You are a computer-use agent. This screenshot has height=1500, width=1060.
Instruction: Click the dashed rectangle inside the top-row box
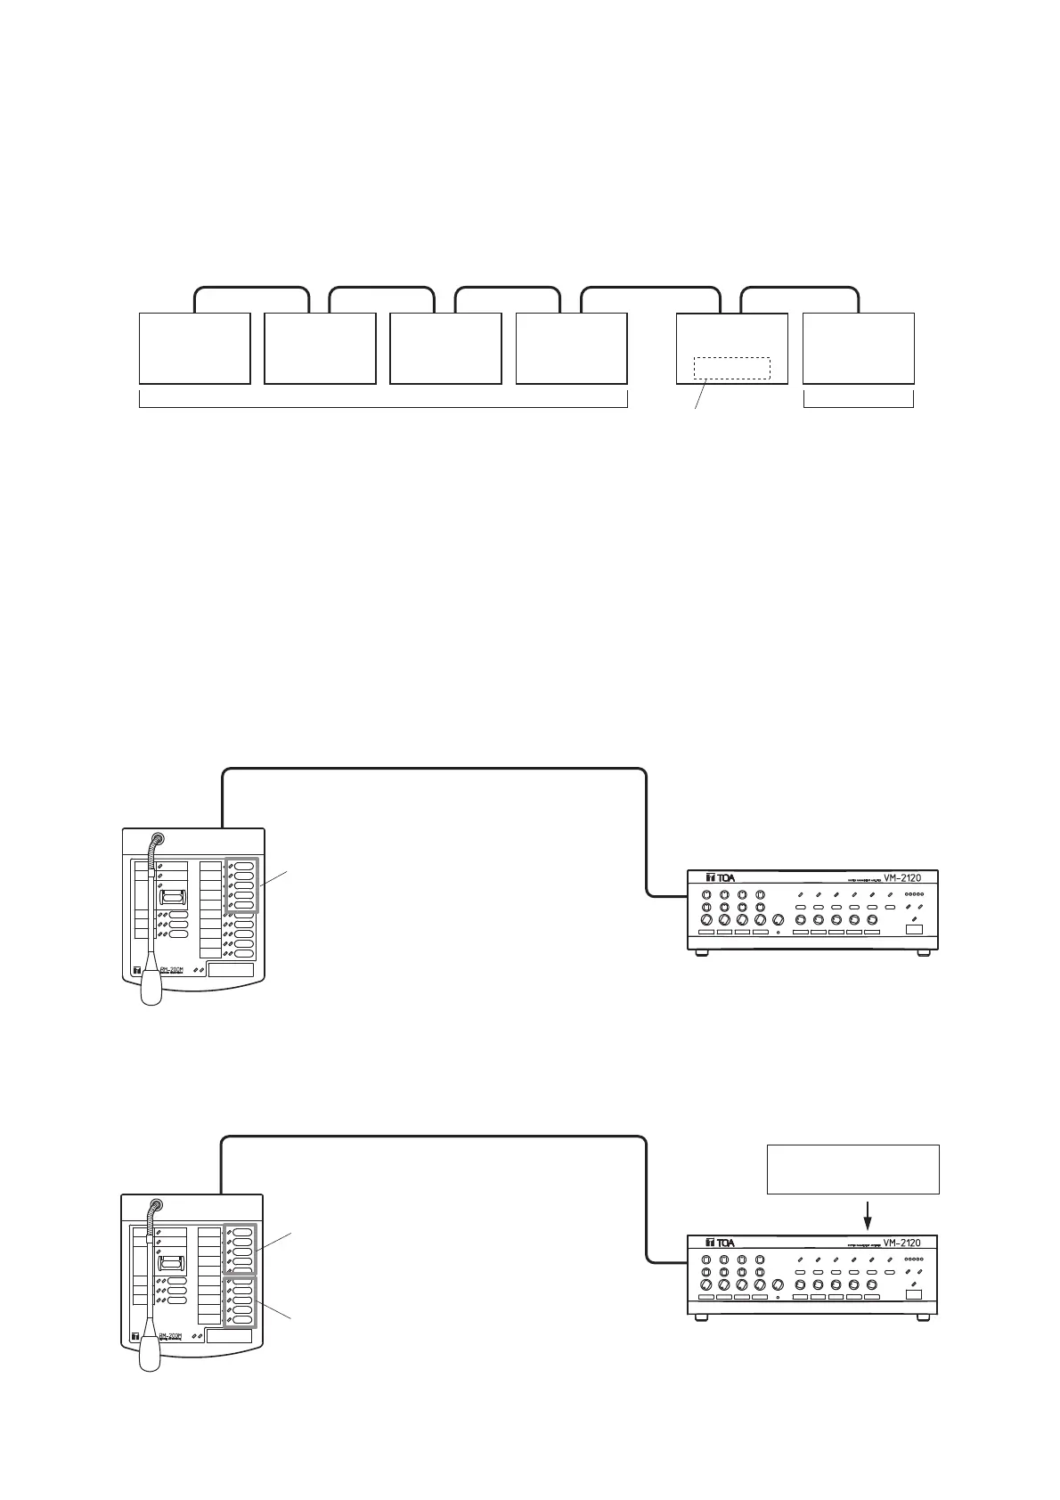pyautogui.click(x=731, y=368)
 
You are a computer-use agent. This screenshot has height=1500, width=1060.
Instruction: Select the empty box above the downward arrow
pyautogui.click(x=852, y=1169)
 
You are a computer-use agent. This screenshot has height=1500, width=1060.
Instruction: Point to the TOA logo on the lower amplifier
pyautogui.click(x=720, y=1243)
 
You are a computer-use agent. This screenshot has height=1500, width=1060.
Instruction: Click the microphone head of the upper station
pyautogui.click(x=151, y=985)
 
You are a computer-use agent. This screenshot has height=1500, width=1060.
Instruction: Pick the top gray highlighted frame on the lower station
pyautogui.click(x=241, y=1251)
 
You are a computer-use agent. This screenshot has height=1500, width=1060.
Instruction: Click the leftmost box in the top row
pyautogui.click(x=195, y=348)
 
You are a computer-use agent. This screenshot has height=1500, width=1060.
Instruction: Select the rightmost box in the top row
pyautogui.click(x=859, y=348)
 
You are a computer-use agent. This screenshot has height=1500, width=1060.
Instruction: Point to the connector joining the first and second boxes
pyautogui.click(x=252, y=290)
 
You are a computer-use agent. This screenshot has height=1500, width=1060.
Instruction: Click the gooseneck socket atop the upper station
pyautogui.click(x=158, y=839)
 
